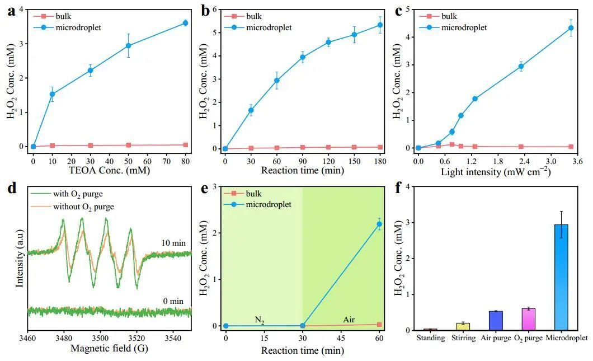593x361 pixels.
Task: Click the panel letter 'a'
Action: pos(11,12)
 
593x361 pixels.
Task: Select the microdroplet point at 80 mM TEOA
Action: pos(185,23)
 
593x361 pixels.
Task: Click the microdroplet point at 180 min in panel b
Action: pos(380,25)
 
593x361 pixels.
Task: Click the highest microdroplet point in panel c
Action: pos(571,28)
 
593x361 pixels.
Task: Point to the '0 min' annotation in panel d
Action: pos(173,301)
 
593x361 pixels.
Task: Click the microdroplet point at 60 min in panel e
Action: pos(380,224)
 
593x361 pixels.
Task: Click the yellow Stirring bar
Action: pos(463,326)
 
